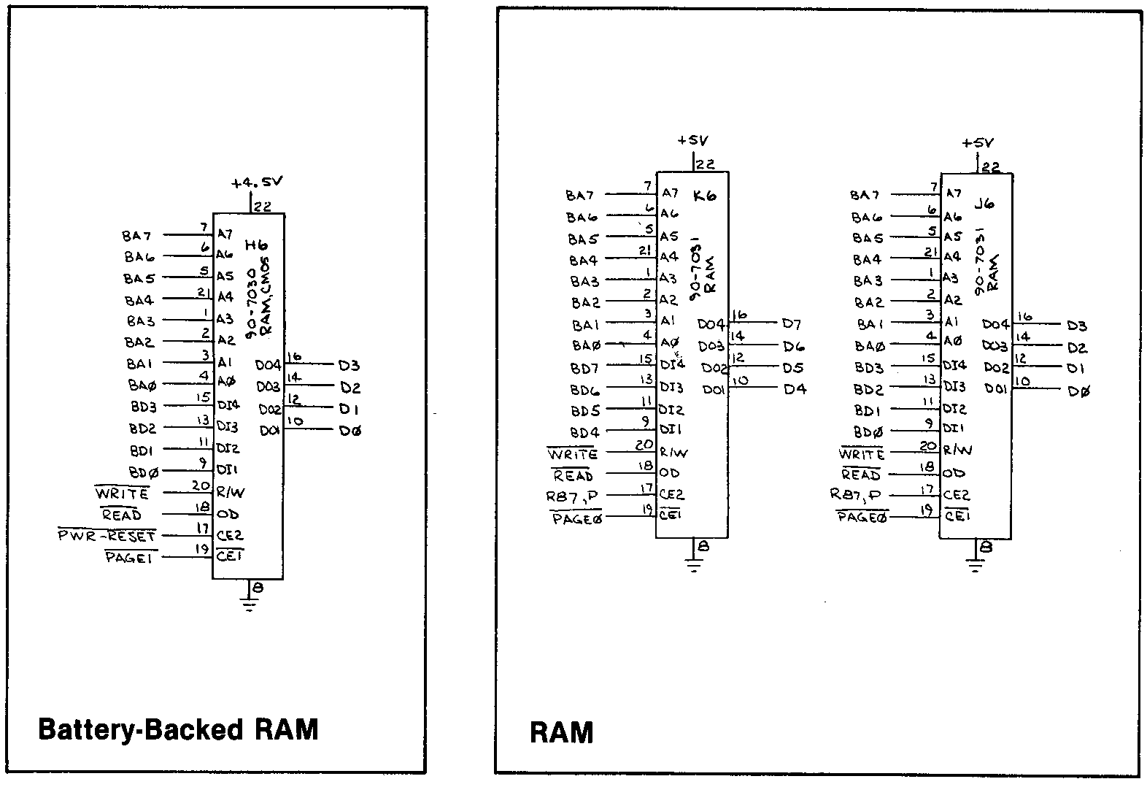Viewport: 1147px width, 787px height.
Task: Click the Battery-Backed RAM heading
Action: (178, 729)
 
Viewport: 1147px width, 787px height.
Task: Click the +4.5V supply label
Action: (257, 183)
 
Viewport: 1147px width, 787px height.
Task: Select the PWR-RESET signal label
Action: (107, 537)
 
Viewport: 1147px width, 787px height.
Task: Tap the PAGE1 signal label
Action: (131, 558)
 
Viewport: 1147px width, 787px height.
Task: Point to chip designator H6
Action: (258, 245)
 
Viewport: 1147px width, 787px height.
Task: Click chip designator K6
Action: (705, 196)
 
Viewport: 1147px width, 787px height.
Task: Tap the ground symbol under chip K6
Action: (692, 563)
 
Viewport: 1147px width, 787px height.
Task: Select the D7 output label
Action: (792, 324)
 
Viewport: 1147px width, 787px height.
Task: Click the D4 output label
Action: (795, 389)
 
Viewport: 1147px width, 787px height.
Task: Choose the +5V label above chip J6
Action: (977, 144)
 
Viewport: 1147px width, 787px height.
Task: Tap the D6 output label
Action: (793, 347)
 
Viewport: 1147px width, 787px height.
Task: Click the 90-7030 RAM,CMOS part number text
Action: (260, 296)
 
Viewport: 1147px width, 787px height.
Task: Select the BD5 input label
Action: (584, 411)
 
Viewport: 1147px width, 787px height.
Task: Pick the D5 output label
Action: (793, 368)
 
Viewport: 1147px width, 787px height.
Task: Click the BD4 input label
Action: (584, 432)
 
